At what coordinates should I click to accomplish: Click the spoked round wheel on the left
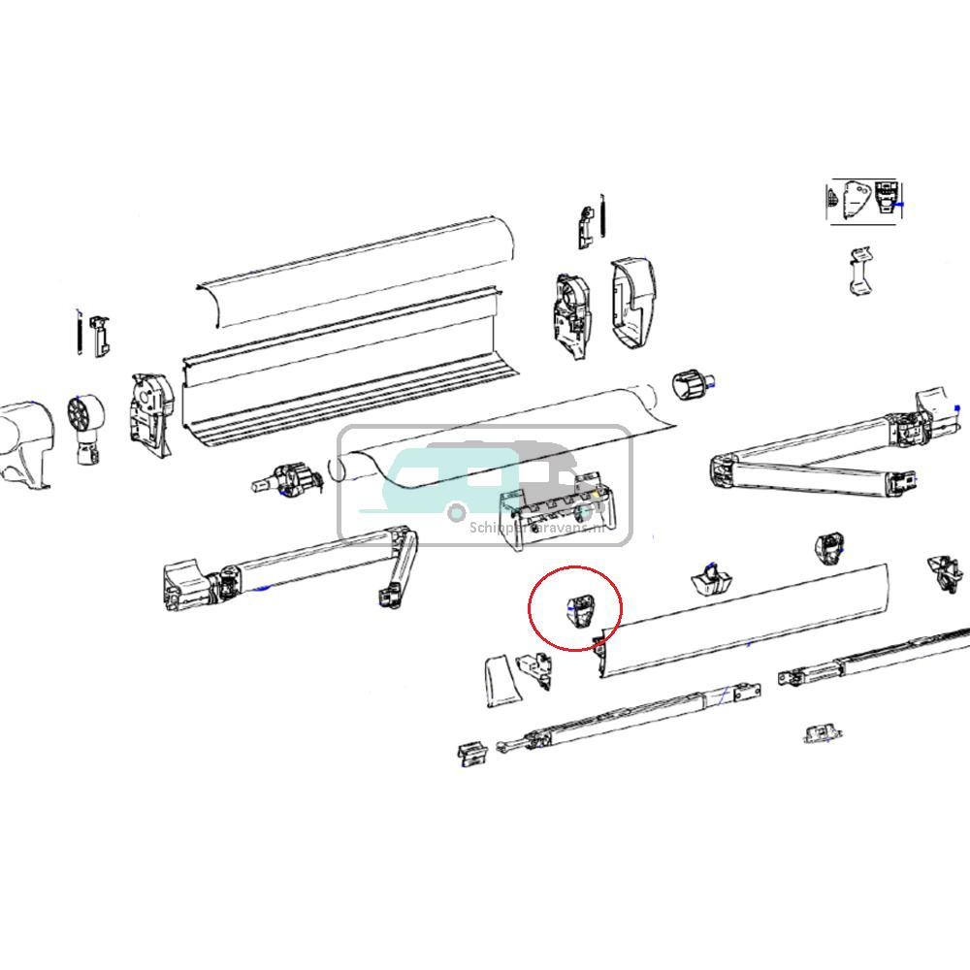click(x=84, y=413)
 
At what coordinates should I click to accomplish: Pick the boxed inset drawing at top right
click(x=864, y=202)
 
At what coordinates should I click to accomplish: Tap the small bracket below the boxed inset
click(x=858, y=273)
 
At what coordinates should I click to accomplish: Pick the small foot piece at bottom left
click(x=471, y=754)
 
